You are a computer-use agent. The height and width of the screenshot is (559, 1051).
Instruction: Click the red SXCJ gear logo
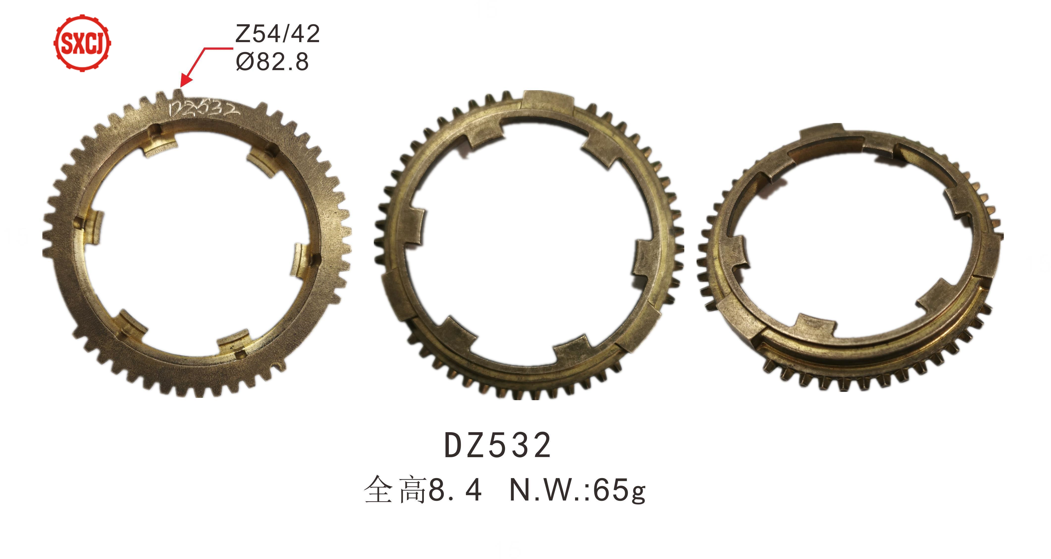click(82, 43)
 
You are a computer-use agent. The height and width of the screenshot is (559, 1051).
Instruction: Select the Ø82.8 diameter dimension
click(272, 62)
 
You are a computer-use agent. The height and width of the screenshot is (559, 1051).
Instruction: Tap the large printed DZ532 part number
click(497, 445)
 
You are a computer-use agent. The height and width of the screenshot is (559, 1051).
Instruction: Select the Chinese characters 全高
click(395, 490)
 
